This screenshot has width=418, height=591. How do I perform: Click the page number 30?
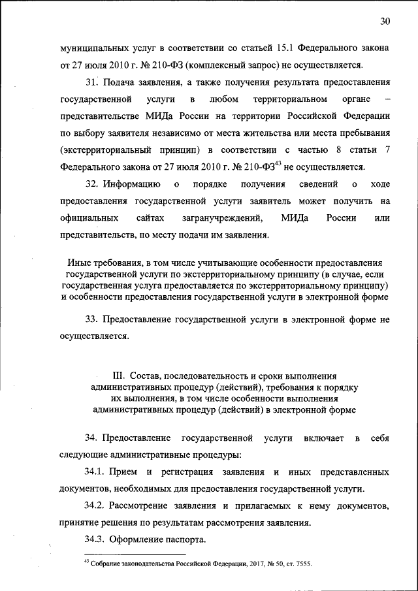tap(385, 22)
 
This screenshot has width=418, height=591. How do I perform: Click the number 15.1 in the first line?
tap(283, 48)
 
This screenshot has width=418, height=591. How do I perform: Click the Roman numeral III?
tap(118, 377)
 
